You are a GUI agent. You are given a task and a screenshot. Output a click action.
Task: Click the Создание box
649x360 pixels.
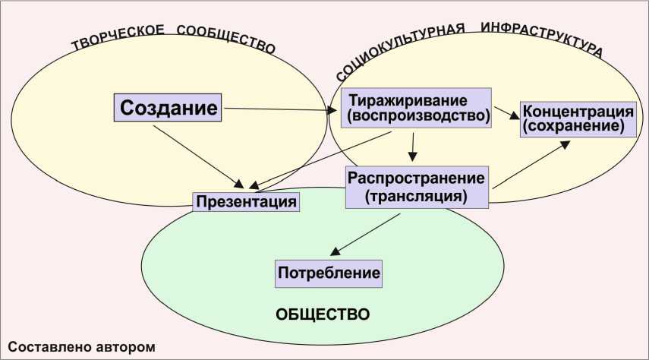click(x=168, y=107)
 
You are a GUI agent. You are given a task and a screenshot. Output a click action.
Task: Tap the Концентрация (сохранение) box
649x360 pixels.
click(x=578, y=118)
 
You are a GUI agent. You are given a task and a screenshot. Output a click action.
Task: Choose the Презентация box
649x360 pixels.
click(x=245, y=202)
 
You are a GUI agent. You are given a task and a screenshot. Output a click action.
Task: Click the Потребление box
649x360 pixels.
click(x=328, y=272)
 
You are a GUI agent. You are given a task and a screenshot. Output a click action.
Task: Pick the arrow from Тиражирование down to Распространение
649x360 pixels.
click(x=412, y=146)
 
